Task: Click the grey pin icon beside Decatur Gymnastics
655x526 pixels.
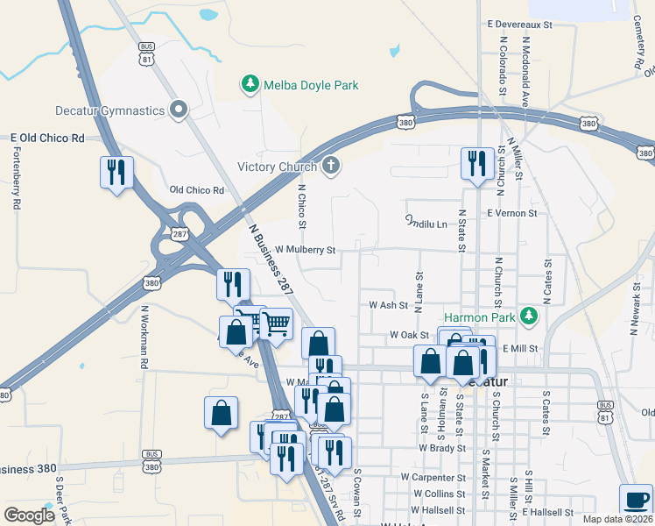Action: tap(180, 110)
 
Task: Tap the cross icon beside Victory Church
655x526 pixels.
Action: tap(330, 166)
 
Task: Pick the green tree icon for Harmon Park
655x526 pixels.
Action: tap(528, 315)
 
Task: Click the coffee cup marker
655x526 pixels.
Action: tap(637, 500)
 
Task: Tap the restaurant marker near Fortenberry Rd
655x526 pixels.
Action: tap(116, 172)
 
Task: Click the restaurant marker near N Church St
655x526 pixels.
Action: tap(477, 163)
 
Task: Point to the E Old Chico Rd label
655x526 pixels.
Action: tap(47, 139)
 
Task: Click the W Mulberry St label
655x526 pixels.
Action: tap(305, 250)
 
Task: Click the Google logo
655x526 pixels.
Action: tap(29, 515)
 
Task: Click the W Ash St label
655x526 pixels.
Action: tap(389, 305)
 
